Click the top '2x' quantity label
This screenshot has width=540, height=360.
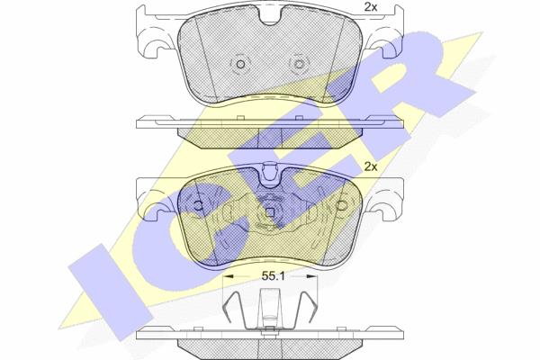tap(371, 7)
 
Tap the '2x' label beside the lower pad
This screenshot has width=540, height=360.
tap(371, 167)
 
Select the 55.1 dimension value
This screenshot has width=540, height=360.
tap(273, 276)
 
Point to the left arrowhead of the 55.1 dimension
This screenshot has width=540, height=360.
tap(229, 276)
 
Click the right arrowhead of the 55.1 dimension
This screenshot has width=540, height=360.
tap(311, 276)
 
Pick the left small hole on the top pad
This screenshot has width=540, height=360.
tap(240, 64)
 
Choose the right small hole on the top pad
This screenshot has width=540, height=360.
tap(299, 64)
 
